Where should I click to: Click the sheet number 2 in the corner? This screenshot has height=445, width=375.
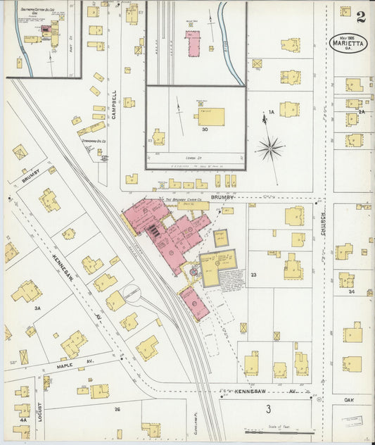tap(360, 16)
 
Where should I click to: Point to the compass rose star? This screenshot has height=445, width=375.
tap(269, 148)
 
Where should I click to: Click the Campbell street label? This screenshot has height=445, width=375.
tap(113, 104)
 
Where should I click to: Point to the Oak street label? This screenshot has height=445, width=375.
tap(348, 399)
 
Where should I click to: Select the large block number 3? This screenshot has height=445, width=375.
tap(267, 409)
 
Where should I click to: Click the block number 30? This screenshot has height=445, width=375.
tap(205, 129)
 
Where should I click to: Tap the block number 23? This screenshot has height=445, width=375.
tap(253, 275)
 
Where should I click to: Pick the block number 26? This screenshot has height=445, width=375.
tap(117, 408)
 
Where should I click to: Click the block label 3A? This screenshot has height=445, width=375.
tap(37, 308)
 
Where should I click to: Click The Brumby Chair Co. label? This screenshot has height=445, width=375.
tap(184, 200)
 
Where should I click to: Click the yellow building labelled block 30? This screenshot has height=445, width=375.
tap(210, 116)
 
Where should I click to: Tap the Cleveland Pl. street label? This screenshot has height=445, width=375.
tap(195, 421)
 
